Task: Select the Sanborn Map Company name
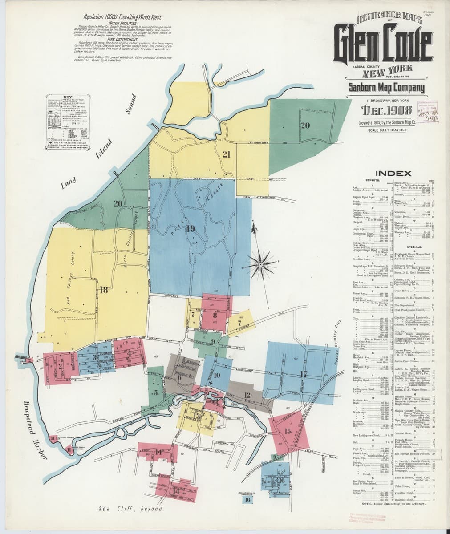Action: point(386,87)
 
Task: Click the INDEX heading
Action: point(393,173)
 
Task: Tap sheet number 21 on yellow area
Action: point(226,154)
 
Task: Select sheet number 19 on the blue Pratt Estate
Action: point(191,229)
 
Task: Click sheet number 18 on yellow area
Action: point(104,290)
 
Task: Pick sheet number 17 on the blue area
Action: point(304,374)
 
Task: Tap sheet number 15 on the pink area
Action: point(288,430)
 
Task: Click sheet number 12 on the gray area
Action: point(247,395)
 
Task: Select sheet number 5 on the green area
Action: point(156,392)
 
